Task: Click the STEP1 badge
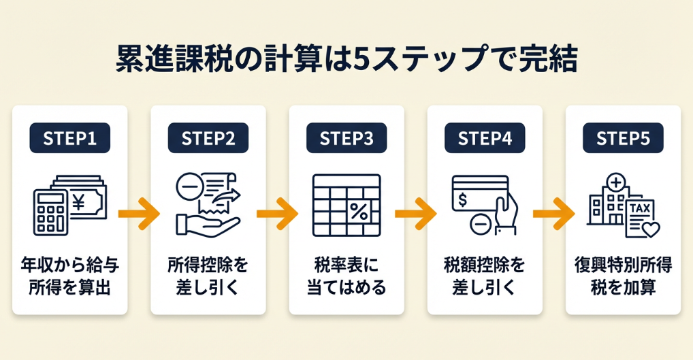pos(69,138)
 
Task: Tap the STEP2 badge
pos(208,138)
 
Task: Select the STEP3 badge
pos(346,138)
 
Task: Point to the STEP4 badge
pos(485,138)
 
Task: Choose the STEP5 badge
pos(623,138)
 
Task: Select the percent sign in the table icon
pos(359,211)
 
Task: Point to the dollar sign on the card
pos(463,199)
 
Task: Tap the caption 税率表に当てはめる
pos(346,276)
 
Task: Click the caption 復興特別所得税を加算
pos(623,276)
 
